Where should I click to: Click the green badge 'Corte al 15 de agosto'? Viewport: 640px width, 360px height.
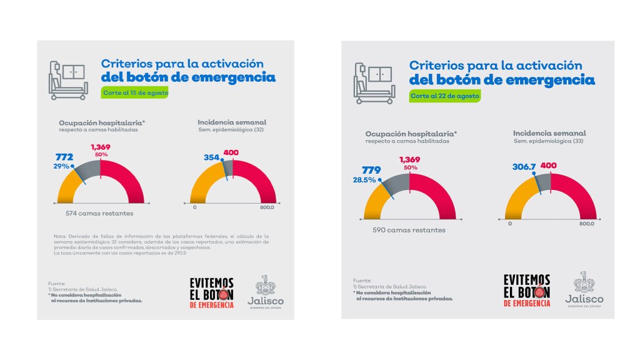[135, 92]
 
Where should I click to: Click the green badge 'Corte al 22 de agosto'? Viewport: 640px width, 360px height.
[445, 96]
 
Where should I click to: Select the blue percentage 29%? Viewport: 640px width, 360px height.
[61, 167]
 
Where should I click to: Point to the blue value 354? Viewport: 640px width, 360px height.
[212, 158]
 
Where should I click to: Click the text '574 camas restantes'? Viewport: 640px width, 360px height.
[99, 214]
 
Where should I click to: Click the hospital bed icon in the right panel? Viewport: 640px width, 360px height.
[374, 83]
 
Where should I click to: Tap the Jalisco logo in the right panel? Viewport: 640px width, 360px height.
[584, 289]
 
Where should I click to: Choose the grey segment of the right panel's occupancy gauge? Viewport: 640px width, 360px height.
[394, 186]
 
